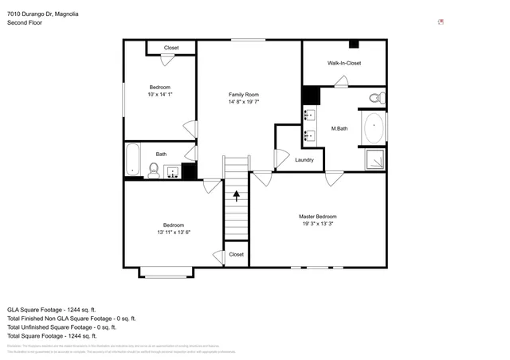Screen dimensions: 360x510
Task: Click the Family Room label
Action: click(x=244, y=94)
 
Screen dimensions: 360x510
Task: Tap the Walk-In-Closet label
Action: click(x=343, y=63)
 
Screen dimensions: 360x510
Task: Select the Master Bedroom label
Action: click(x=317, y=217)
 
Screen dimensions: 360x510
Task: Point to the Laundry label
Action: click(x=304, y=160)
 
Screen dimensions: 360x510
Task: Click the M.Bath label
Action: click(x=339, y=129)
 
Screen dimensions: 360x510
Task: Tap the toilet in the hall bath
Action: click(x=154, y=169)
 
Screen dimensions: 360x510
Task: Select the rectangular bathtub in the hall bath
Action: click(x=133, y=160)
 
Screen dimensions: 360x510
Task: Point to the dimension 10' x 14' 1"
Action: click(x=160, y=95)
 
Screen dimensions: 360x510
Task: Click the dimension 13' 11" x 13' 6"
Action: click(x=174, y=233)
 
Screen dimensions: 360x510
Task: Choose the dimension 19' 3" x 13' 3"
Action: click(x=317, y=225)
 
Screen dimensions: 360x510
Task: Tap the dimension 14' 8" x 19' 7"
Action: click(x=244, y=102)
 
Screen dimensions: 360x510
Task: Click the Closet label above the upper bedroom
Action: click(x=171, y=48)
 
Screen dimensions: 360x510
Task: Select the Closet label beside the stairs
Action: click(x=236, y=255)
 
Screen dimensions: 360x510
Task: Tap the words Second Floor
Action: click(x=25, y=23)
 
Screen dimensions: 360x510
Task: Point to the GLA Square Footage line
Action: click(x=51, y=309)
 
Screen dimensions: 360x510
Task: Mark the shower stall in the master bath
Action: click(x=374, y=160)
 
